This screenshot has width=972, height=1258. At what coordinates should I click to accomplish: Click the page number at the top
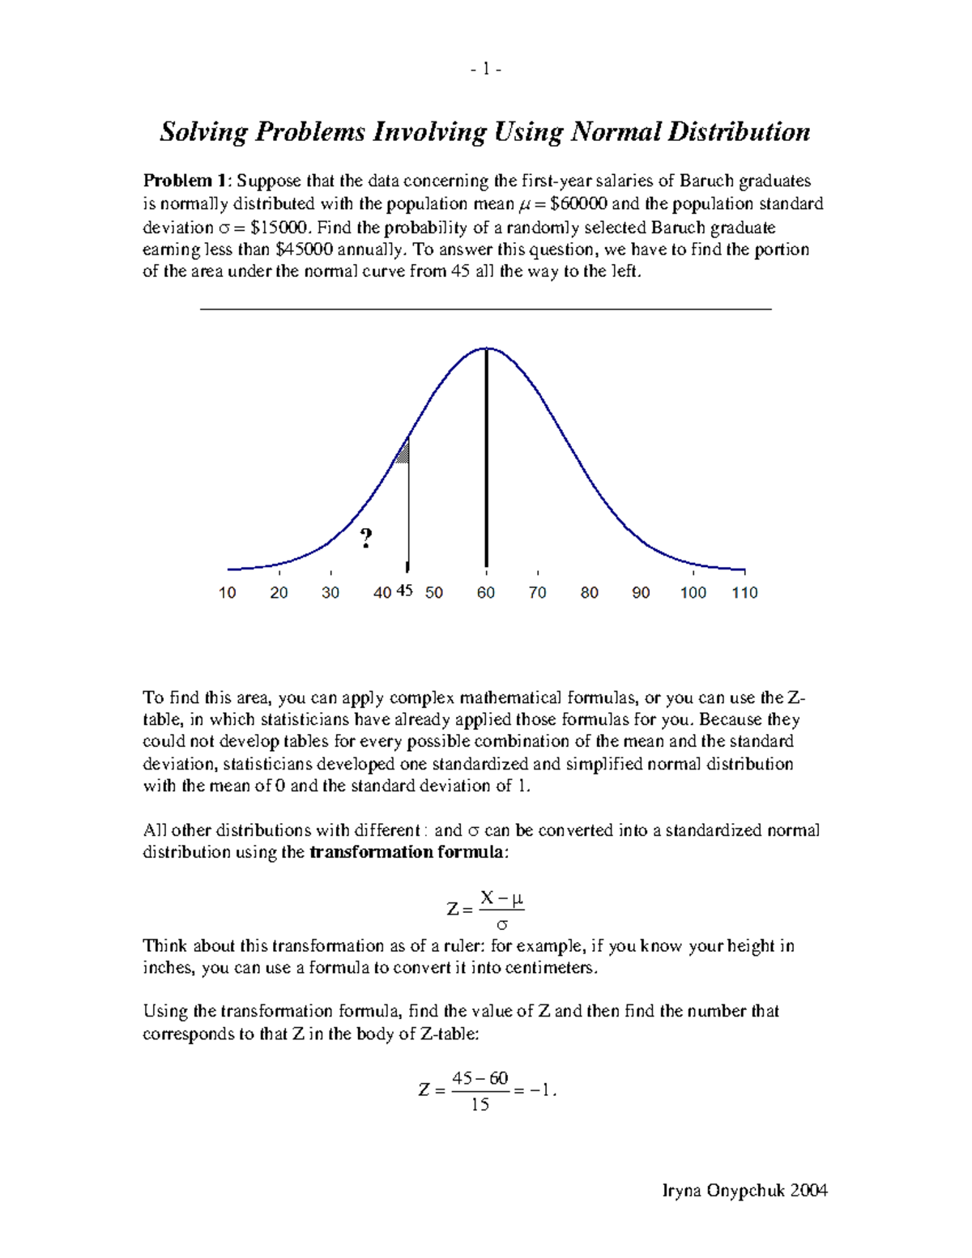486,70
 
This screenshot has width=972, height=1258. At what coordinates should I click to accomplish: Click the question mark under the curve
366,538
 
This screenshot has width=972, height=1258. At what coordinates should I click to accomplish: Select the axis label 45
404,591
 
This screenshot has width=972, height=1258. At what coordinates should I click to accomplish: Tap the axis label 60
486,593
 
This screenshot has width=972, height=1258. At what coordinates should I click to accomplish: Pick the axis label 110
744,593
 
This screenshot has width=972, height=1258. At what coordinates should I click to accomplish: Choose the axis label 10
228,593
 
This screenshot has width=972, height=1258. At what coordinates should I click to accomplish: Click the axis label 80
590,593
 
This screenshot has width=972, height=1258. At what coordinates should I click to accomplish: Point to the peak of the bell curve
486,349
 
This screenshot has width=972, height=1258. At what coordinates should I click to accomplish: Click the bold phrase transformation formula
407,852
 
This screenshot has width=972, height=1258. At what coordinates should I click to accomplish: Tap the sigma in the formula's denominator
502,924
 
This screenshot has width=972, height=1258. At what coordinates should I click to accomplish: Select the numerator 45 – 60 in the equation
480,1078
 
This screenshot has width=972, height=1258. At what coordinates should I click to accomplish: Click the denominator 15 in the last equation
480,1105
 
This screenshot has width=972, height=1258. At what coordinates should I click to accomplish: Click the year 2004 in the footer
808,1190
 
